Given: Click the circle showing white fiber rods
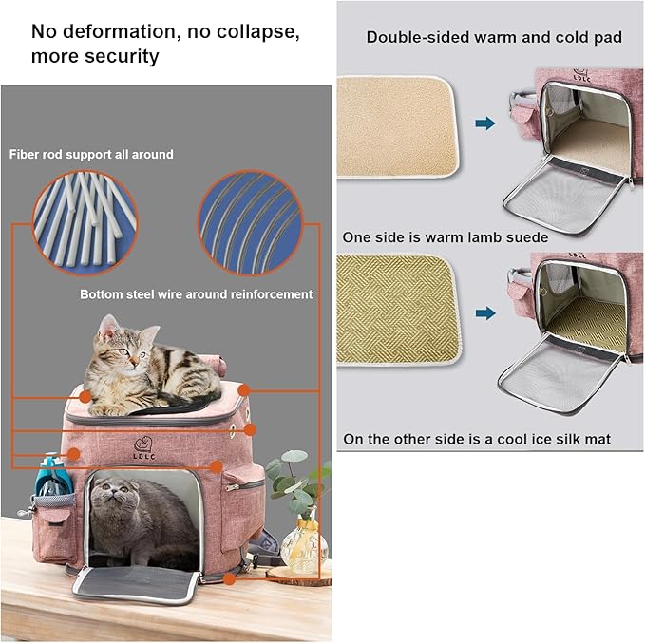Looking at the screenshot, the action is (x=85, y=222).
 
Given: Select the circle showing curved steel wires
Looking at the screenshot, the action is (x=250, y=222).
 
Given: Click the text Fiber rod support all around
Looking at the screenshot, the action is (x=91, y=154).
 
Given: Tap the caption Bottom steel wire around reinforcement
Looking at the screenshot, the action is (x=197, y=294).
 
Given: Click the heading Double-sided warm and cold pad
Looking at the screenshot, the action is (x=494, y=37).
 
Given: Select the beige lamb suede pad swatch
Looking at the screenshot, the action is (x=396, y=127).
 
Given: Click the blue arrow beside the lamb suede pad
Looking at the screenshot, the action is (x=485, y=123).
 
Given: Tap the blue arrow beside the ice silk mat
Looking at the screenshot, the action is (x=485, y=313).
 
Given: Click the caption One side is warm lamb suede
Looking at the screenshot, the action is (x=446, y=237).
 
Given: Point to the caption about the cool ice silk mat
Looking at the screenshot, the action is (x=477, y=439).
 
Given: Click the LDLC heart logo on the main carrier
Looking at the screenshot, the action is (x=143, y=448).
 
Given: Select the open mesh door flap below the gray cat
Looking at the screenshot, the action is (x=135, y=584).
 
